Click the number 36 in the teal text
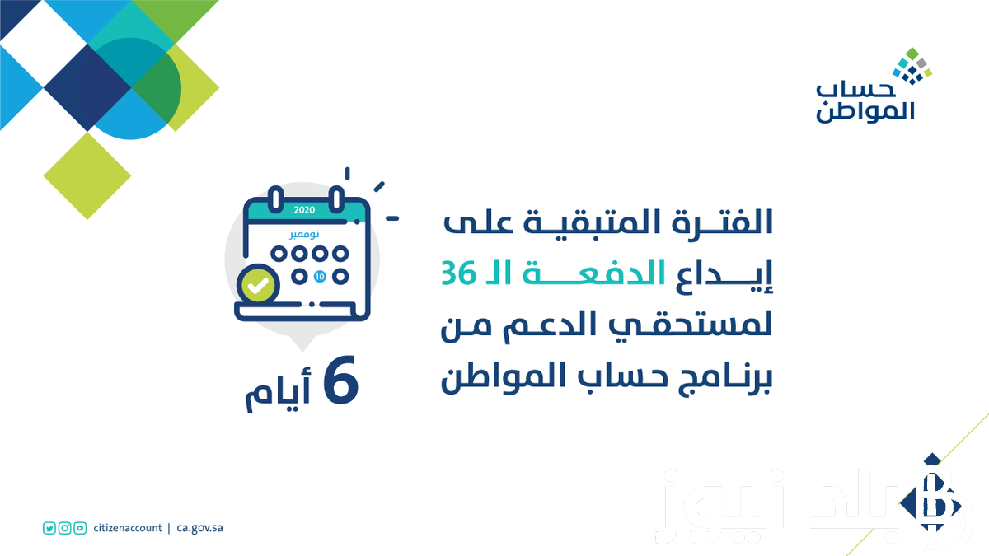coord(459,273)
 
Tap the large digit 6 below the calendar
coord(340,380)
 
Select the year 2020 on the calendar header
coord(304,210)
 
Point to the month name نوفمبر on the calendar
coord(304,234)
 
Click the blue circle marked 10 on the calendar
coord(320,277)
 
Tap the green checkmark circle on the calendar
coord(258,286)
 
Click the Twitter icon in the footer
coord(49,528)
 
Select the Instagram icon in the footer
coord(65,528)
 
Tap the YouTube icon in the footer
coord(80,528)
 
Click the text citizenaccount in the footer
coord(128,528)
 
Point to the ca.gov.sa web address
coord(199,528)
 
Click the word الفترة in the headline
coord(722,222)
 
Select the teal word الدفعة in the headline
coord(594,273)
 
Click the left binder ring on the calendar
coord(276,199)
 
